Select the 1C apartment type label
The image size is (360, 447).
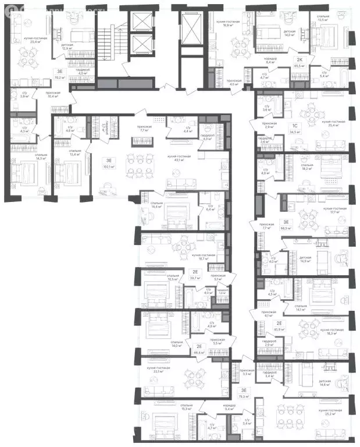coord(295,125)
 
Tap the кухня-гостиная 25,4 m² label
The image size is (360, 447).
coord(336,123)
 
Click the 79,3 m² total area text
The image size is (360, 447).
coord(244,396)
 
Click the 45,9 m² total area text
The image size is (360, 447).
coord(280,330)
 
